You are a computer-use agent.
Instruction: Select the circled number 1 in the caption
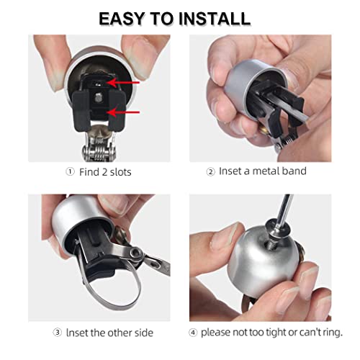69,171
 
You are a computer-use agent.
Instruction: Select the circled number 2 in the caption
212,171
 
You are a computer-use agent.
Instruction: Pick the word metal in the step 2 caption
273,171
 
